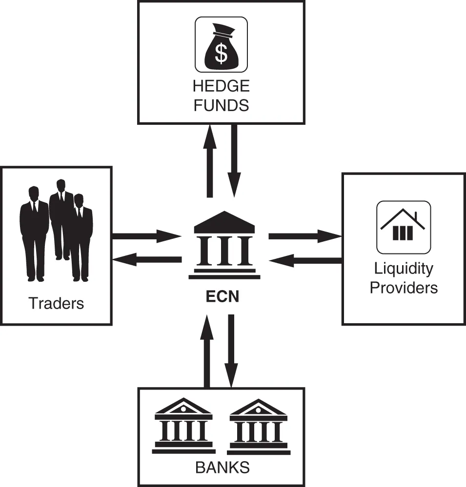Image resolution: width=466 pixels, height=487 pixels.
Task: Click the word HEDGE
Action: point(221,87)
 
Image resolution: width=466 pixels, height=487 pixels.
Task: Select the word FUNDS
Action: point(221,105)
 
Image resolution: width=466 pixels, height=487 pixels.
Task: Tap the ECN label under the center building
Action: point(222,296)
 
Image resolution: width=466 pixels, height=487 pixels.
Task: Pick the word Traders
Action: point(57,303)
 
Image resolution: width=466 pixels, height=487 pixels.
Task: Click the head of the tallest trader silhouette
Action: point(61,186)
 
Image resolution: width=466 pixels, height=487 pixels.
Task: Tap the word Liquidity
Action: point(404,268)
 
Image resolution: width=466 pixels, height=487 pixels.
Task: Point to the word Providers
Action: point(404,287)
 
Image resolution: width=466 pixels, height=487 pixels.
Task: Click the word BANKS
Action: point(223,468)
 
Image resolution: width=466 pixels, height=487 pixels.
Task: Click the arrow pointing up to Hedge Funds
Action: point(210,161)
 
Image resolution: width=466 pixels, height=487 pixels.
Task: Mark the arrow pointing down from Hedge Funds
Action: point(235,161)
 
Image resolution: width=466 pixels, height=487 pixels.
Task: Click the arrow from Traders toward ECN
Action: point(146,237)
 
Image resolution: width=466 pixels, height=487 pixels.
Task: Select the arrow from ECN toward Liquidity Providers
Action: point(305,237)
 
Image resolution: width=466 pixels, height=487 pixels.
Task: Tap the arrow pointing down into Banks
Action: point(231,351)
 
